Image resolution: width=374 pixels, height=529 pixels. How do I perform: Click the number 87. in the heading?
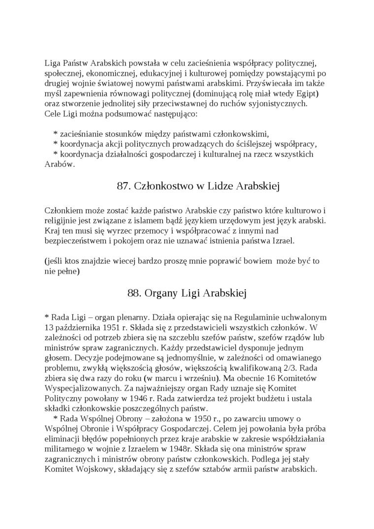(124, 186)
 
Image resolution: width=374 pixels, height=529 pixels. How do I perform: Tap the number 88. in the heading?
(134, 293)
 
